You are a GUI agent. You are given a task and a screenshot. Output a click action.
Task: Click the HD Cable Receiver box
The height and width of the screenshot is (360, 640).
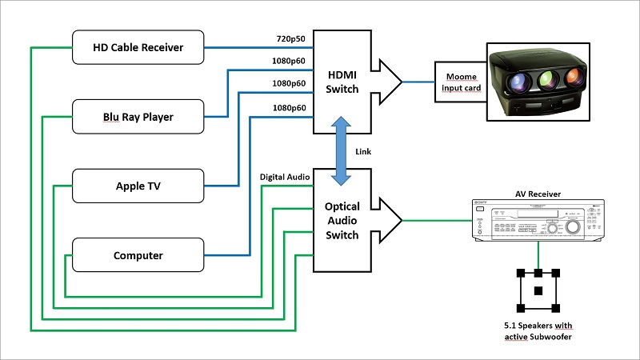[x=138, y=47]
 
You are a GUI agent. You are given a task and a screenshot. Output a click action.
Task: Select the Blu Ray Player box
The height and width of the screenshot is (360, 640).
[x=138, y=117]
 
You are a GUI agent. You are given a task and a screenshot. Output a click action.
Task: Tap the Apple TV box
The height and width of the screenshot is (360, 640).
[x=138, y=186]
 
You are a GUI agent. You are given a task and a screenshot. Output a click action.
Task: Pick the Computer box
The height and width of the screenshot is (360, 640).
[x=138, y=255]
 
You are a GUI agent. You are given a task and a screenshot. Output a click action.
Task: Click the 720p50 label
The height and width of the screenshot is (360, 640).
[x=290, y=38]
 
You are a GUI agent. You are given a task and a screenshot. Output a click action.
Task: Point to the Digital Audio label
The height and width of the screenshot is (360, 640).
[x=285, y=177]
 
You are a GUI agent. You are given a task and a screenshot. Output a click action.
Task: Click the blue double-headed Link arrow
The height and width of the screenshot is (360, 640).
[x=341, y=151]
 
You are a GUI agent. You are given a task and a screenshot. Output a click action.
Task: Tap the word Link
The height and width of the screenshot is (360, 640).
[x=363, y=151]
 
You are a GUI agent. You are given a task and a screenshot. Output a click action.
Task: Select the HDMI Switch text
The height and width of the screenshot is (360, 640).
[x=342, y=82]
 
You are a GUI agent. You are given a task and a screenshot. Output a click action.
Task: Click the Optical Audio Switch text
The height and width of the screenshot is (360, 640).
[x=342, y=221]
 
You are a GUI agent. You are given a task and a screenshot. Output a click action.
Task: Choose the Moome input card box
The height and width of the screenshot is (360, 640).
[x=461, y=82]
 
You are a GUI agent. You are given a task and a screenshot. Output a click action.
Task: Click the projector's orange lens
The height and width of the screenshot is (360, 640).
[x=574, y=77]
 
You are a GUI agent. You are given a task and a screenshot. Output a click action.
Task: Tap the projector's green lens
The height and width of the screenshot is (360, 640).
[x=547, y=79]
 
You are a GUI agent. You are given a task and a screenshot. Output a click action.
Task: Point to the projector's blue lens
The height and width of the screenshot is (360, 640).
[x=519, y=83]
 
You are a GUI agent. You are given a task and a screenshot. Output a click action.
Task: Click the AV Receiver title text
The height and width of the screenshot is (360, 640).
[x=538, y=194]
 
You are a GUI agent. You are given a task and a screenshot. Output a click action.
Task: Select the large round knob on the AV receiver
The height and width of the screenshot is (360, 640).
[x=573, y=226]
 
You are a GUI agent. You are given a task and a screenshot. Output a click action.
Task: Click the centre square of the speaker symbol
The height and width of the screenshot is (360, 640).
[x=538, y=290]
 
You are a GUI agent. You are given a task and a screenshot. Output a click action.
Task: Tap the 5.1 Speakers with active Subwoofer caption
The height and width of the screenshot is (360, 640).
[x=538, y=331]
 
